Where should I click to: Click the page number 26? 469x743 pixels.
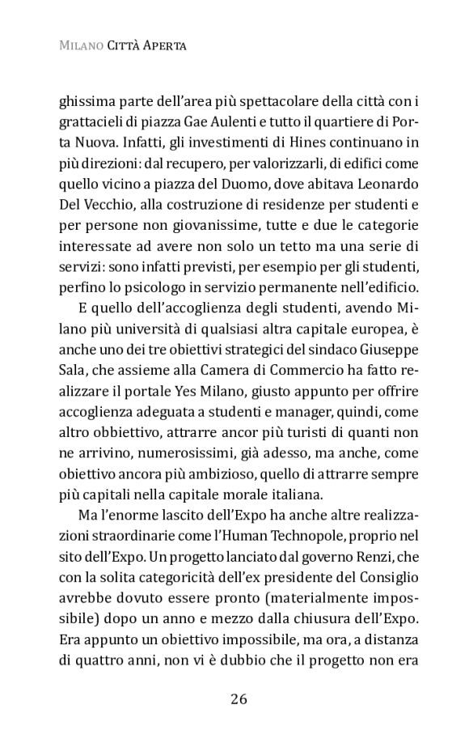238,699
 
